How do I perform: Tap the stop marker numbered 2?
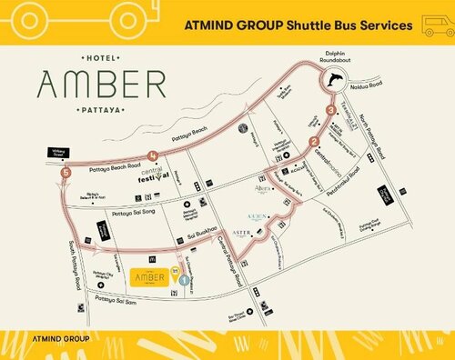coord(314,141)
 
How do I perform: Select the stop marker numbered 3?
coord(330,110)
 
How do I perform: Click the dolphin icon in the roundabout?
coord(338,81)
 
